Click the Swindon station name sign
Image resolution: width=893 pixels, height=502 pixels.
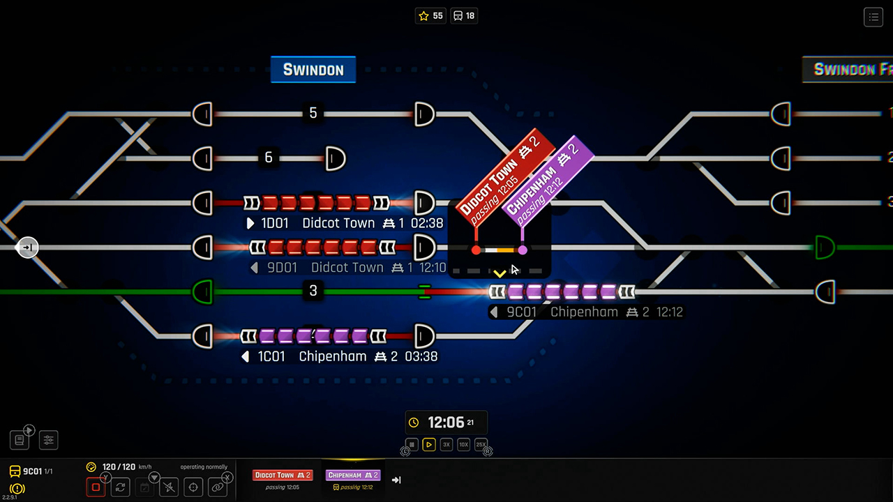click(313, 70)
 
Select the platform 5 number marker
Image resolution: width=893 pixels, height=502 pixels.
click(313, 113)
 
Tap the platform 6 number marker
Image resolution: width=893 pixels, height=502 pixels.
click(269, 158)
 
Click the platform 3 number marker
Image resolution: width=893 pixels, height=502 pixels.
click(313, 291)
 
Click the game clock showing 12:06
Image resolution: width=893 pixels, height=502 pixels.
click(446, 423)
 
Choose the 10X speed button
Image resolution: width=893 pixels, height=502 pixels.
click(463, 444)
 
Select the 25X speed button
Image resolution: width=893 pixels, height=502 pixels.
click(481, 444)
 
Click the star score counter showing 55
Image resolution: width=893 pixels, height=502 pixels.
click(430, 15)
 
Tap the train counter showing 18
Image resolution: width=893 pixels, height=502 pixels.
click(464, 15)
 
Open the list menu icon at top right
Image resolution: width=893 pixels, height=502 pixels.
click(873, 17)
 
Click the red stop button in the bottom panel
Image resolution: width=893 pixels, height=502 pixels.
click(96, 487)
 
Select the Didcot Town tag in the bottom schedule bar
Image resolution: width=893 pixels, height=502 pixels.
click(283, 476)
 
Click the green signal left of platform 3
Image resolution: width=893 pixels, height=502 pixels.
click(202, 291)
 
